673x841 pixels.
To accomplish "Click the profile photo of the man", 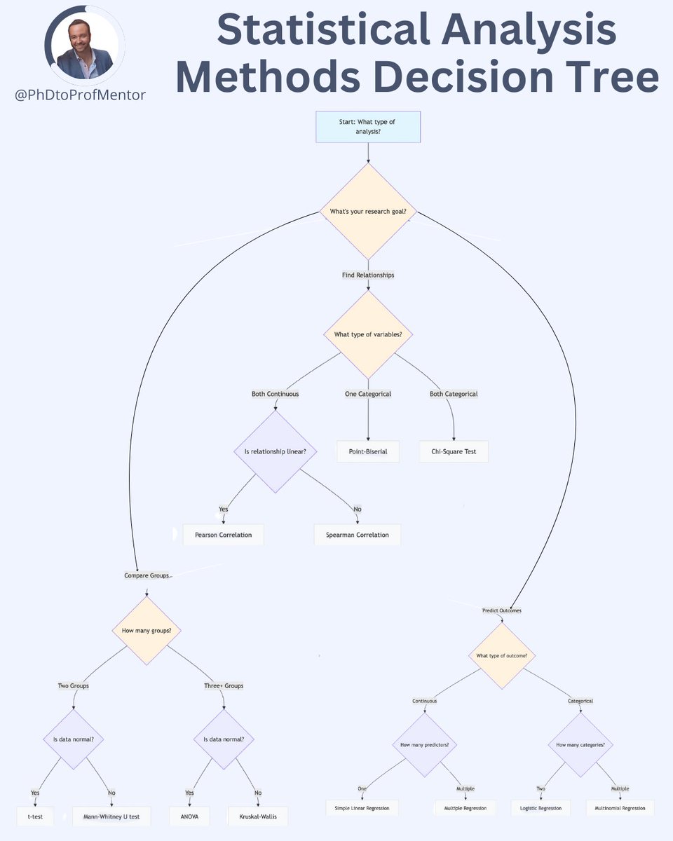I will tap(85, 48).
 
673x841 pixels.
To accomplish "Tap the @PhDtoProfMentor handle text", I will tap(81, 95).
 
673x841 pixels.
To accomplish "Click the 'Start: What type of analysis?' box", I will tap(367, 127).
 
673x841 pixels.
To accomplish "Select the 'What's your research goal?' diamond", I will tap(367, 211).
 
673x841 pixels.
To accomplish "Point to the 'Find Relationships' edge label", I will tap(367, 275).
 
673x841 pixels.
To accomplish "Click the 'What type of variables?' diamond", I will tap(367, 334).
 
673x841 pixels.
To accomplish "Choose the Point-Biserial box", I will tap(367, 451).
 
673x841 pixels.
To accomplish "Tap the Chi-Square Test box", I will tap(454, 451).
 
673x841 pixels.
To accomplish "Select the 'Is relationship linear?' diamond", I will tap(275, 451).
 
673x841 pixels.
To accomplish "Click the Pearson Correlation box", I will tap(223, 535).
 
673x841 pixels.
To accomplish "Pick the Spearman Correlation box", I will tap(357, 535).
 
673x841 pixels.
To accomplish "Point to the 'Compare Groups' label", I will tap(147, 575).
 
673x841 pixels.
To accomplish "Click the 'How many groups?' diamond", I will tap(147, 630).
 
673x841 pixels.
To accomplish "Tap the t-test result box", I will tap(34, 816).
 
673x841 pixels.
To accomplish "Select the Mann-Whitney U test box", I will tap(111, 816).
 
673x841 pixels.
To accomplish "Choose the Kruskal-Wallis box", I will tap(257, 816).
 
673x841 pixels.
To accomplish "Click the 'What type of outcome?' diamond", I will tap(502, 655).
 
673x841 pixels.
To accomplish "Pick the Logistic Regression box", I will tap(541, 808).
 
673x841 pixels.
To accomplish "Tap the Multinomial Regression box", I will tap(620, 808).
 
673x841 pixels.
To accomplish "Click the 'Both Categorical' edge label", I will tap(454, 394).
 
